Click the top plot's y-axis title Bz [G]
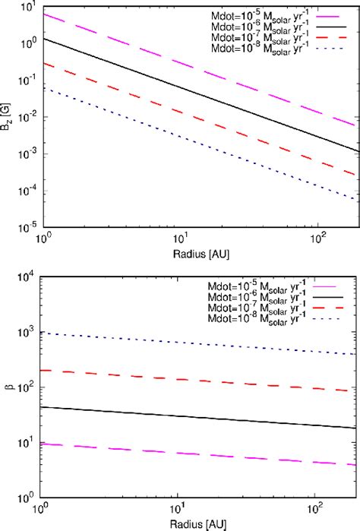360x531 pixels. (x=8, y=116)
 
